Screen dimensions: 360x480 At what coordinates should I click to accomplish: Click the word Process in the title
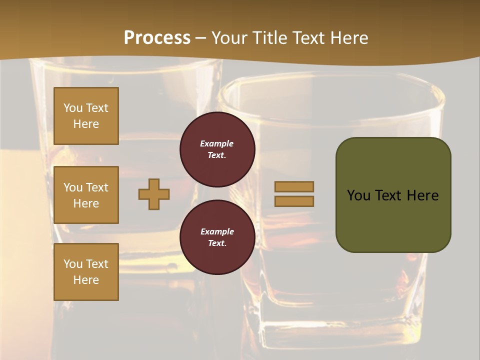click(157, 37)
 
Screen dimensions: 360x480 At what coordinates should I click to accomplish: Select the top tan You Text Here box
click(86, 116)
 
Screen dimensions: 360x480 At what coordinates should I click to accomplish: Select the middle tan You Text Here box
click(86, 195)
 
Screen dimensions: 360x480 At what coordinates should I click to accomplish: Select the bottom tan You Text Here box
click(86, 272)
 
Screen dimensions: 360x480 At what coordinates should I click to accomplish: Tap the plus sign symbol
click(154, 194)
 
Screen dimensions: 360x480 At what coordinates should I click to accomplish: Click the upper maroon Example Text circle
click(217, 149)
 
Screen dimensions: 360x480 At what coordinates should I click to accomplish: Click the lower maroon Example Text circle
click(217, 237)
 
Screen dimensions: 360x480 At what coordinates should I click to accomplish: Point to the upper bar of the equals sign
click(294, 186)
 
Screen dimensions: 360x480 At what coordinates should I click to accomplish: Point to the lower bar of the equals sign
click(294, 201)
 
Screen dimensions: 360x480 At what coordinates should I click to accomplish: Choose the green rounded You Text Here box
click(393, 195)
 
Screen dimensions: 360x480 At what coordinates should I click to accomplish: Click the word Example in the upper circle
click(217, 143)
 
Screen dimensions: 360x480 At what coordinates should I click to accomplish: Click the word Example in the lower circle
click(217, 231)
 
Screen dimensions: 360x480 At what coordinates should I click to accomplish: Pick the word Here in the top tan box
click(86, 124)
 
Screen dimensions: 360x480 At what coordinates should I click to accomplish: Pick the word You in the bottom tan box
click(73, 263)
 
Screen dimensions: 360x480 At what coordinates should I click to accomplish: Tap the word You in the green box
click(358, 195)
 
